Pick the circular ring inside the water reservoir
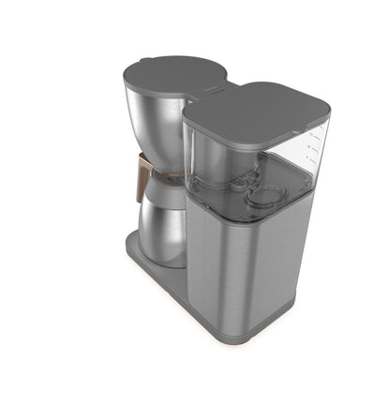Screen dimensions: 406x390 click(269, 195)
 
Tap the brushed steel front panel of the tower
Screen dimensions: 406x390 click(239, 272)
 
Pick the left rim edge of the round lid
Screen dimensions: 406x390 click(125, 75)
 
